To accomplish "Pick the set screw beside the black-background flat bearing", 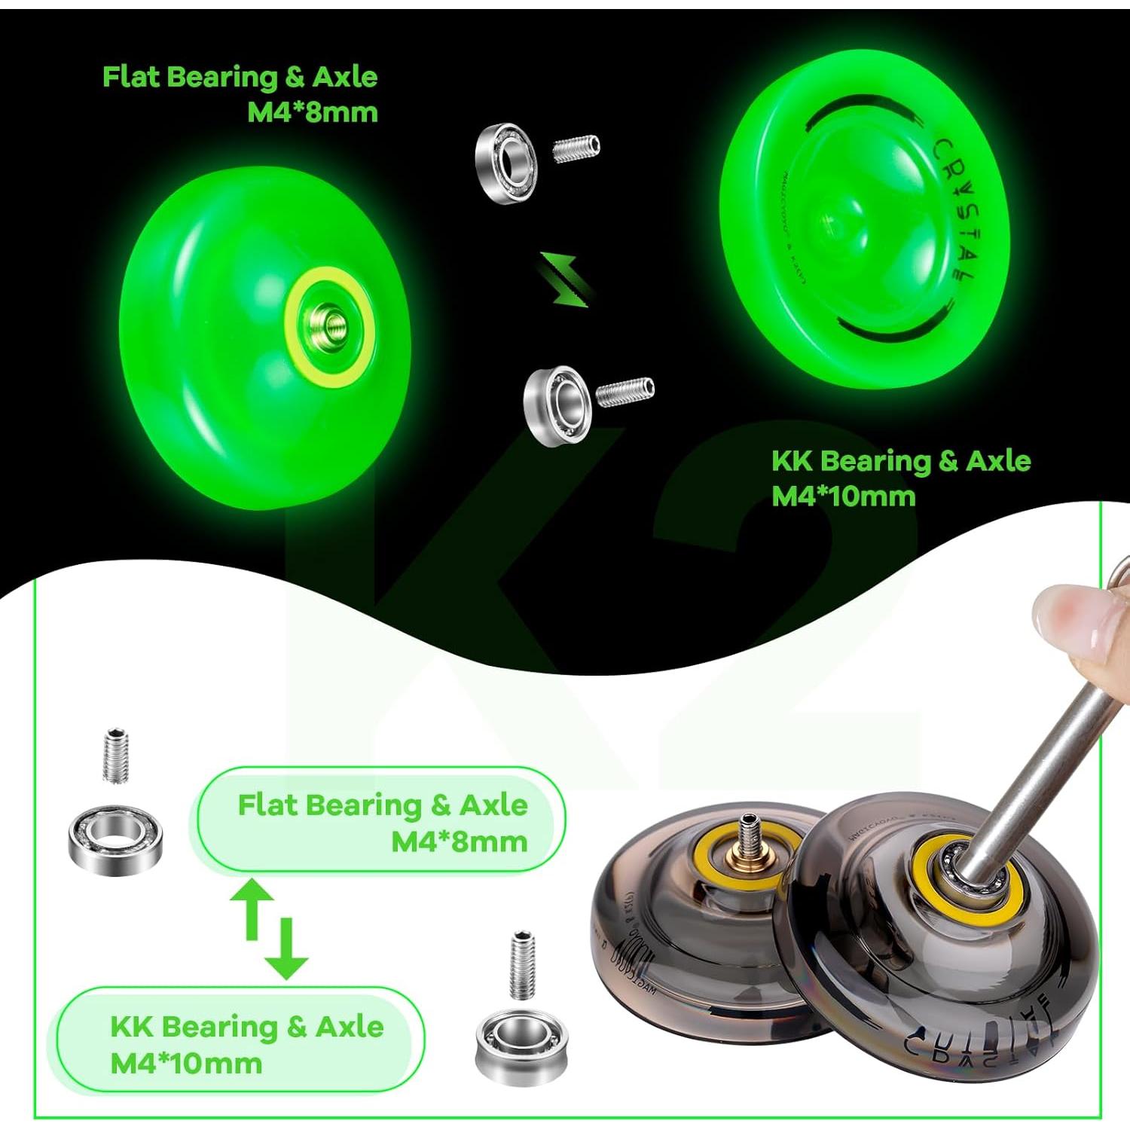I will coord(576,148).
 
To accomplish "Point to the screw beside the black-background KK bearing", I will coord(625,391).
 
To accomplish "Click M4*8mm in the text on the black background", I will coord(312,112).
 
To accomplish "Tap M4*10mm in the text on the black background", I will coord(843,496).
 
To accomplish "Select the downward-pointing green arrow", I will coord(286,949).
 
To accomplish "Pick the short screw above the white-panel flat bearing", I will coord(115,755).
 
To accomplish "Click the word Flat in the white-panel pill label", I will coord(267,805).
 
